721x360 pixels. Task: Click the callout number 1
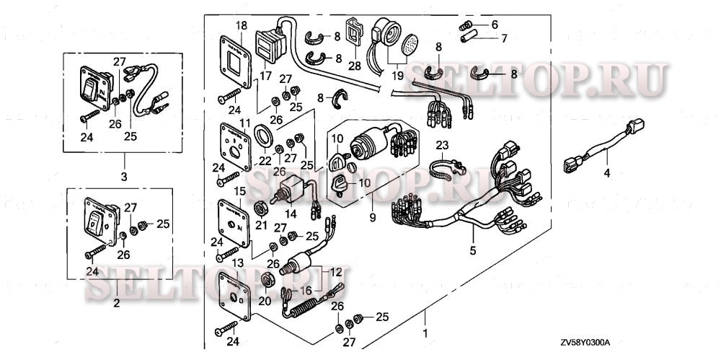pos(426,334)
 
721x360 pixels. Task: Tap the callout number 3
pos(123,175)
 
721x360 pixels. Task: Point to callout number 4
pos(606,173)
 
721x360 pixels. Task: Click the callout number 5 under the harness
pos(473,251)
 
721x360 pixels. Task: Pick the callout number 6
pos(494,25)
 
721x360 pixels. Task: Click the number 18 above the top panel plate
pos(241,25)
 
